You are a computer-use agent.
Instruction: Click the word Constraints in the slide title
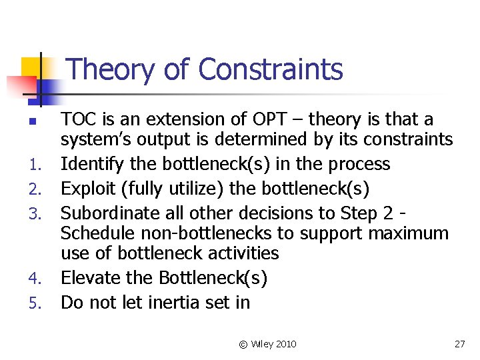pyautogui.click(x=270, y=69)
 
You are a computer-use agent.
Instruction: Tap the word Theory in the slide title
pyautogui.click(x=110, y=69)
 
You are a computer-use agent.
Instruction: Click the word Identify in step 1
pyautogui.click(x=91, y=165)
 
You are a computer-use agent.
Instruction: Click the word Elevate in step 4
pyautogui.click(x=89, y=278)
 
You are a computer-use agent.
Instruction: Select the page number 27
pyautogui.click(x=459, y=344)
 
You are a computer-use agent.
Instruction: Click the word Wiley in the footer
pyautogui.click(x=262, y=344)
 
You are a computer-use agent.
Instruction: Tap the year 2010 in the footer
pyautogui.click(x=286, y=344)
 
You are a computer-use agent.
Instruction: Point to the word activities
pyautogui.click(x=241, y=254)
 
